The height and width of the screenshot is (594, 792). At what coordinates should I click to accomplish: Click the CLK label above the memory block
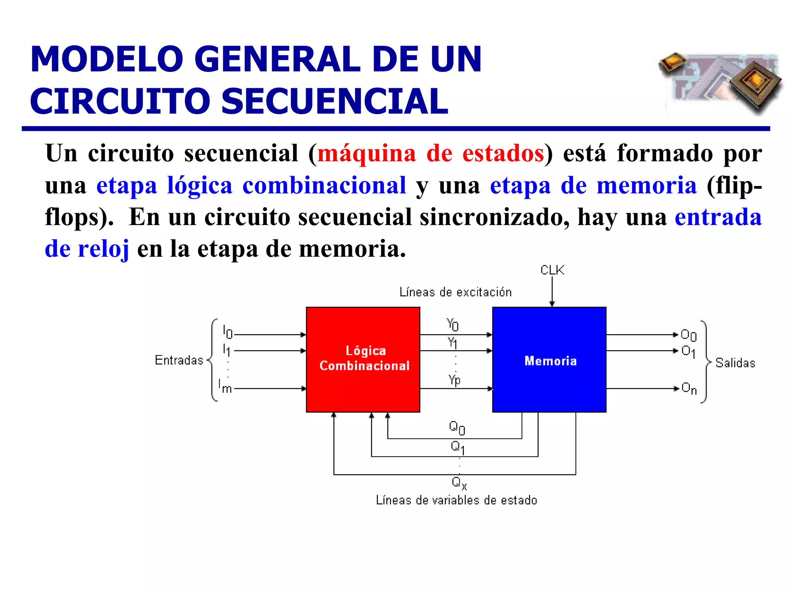pyautogui.click(x=552, y=270)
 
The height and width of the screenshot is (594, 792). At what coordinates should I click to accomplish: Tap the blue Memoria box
pyautogui.click(x=549, y=360)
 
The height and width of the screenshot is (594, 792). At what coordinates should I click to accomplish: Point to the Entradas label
pyautogui.click(x=179, y=360)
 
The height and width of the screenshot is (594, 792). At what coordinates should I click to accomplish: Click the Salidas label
pyautogui.click(x=735, y=363)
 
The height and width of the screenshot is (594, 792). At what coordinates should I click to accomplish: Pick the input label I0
pyautogui.click(x=227, y=332)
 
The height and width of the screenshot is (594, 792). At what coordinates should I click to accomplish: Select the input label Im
pyautogui.click(x=225, y=386)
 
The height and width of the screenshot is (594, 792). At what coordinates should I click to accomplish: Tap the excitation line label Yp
pyautogui.click(x=454, y=380)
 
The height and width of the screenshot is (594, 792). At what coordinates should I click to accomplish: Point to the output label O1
pyautogui.click(x=688, y=352)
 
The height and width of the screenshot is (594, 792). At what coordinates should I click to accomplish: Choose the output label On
pyautogui.click(x=689, y=388)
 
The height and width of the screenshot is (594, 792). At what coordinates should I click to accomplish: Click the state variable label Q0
pyautogui.click(x=457, y=428)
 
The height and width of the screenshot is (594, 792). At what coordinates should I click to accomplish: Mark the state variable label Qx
pyautogui.click(x=459, y=483)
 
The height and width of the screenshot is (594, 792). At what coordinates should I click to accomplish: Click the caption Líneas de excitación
pyautogui.click(x=455, y=292)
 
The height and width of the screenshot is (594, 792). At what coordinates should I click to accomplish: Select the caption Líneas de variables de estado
pyautogui.click(x=456, y=500)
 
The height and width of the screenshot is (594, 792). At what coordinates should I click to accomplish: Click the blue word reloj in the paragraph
pyautogui.click(x=103, y=249)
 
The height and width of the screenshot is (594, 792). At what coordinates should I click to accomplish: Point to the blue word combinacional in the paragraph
pyautogui.click(x=324, y=185)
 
